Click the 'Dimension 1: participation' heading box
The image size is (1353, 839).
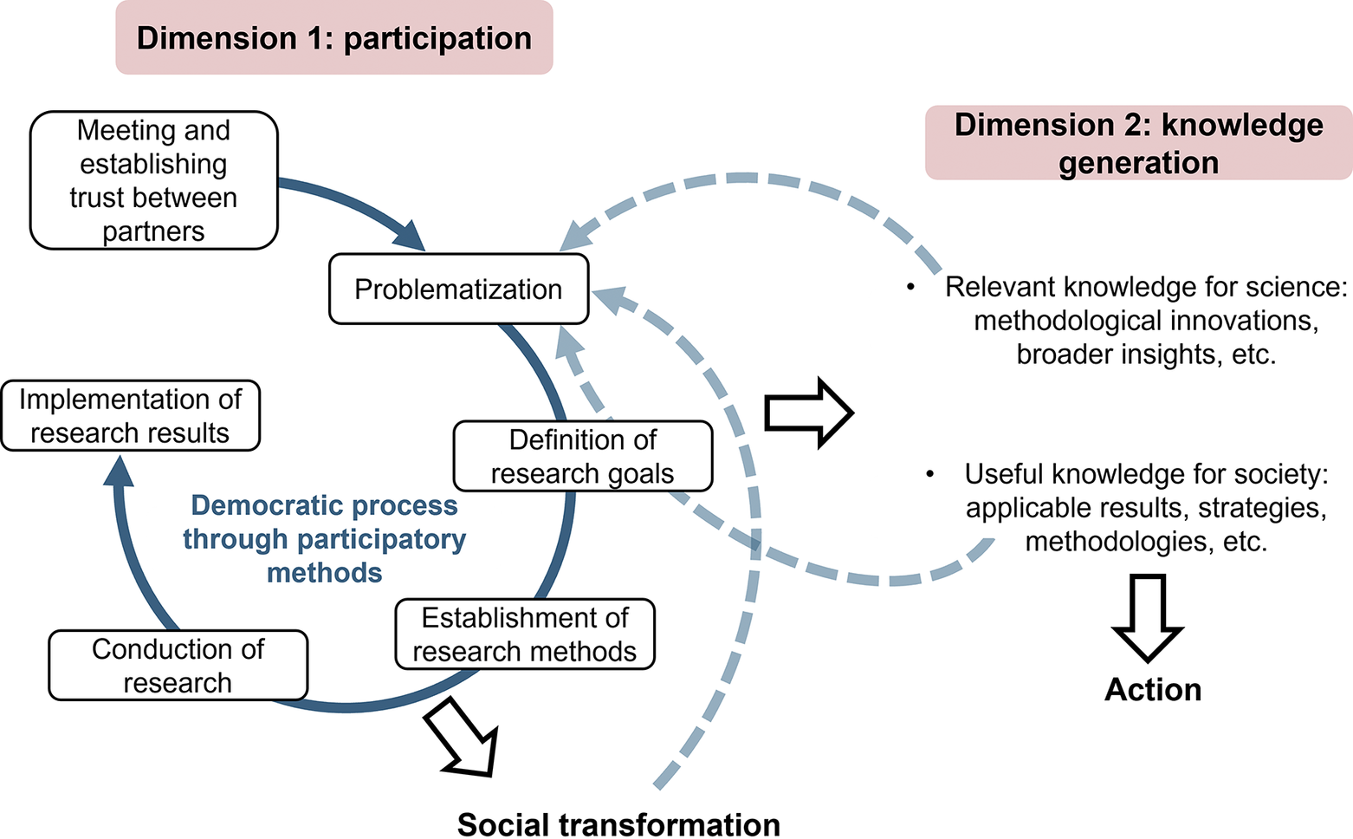click(334, 38)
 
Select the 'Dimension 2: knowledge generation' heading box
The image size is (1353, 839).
click(1138, 143)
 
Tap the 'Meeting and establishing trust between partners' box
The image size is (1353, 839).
click(153, 180)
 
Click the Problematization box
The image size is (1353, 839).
click(458, 289)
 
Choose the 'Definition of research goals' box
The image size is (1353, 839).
click(582, 457)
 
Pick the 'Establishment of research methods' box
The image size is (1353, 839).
click(525, 634)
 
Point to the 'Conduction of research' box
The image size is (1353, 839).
click(178, 666)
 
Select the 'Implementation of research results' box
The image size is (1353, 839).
click(130, 416)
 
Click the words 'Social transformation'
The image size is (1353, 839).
click(618, 823)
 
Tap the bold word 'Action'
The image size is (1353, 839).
click(1153, 690)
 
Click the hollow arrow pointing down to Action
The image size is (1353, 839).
click(1148, 617)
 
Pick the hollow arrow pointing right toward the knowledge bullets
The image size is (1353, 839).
click(808, 413)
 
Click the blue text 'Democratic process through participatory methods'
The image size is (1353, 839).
click(325, 539)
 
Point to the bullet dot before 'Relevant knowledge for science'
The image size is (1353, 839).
click(910, 287)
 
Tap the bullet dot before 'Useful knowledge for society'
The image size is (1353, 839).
click(929, 474)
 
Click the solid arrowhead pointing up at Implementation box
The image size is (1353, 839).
click(119, 473)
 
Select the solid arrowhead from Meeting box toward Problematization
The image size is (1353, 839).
click(410, 236)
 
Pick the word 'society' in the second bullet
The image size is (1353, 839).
click(1279, 474)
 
